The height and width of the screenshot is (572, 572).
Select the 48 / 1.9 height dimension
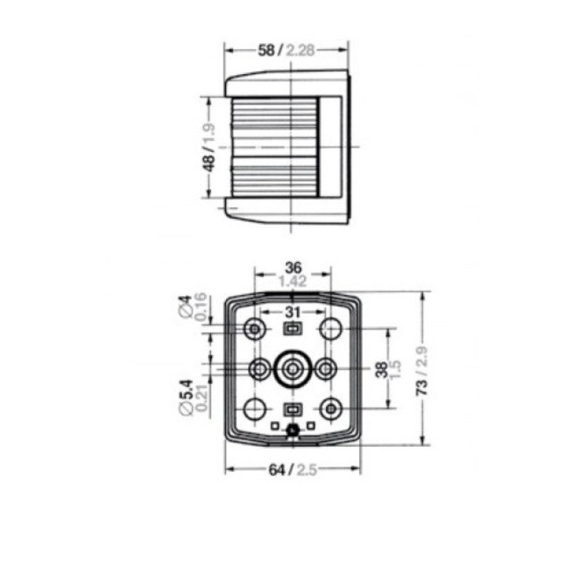(x=207, y=148)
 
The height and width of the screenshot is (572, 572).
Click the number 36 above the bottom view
(x=292, y=267)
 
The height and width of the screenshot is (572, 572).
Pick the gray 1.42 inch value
(x=292, y=282)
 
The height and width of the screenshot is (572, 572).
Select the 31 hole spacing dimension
(x=292, y=312)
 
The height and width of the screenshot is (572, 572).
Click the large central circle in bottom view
(x=292, y=368)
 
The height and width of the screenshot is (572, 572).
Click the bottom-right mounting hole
(x=331, y=408)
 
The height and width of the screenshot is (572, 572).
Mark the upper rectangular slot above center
(x=292, y=330)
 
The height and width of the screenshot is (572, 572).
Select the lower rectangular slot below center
(x=292, y=409)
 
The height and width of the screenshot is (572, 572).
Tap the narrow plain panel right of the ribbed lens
(x=330, y=148)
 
